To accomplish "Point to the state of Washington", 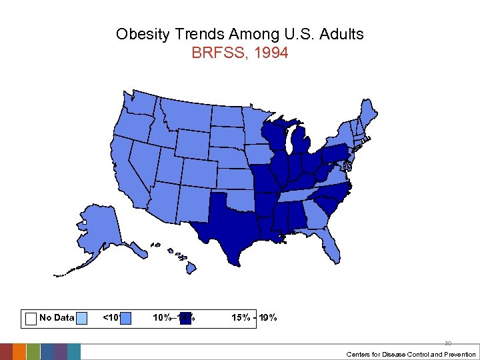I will pos(140,104).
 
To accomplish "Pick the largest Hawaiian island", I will pos(191,267).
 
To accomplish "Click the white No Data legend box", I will pos(30,318).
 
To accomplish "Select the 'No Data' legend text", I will pos(57,318).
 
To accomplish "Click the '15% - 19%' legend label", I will pos(254,318).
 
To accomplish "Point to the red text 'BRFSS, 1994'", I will pos(239,53).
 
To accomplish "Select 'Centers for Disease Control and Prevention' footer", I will pos(411,354).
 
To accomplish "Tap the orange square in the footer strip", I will pos(19,352).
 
